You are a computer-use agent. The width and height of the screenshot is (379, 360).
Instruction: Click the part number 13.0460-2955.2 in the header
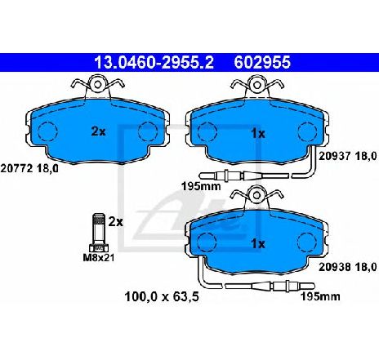pos(154,63)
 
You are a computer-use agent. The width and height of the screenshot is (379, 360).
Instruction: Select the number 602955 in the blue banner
pos(262,63)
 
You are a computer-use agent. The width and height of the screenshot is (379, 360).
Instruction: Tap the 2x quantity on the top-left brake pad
pos(98,131)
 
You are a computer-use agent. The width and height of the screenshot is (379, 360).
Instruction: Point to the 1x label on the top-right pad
pos(258,134)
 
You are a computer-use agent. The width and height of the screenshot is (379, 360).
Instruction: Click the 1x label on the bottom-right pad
pos(258,244)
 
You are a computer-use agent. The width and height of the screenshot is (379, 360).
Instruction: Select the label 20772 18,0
pos(29,169)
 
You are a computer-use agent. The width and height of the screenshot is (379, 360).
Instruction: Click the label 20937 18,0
pos(348,156)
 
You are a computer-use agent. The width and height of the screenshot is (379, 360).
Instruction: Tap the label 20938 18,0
pos(348,267)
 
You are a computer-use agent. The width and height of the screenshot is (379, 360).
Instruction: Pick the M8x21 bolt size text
pos(99,257)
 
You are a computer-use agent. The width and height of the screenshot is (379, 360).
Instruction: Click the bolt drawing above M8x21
pos(99,232)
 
